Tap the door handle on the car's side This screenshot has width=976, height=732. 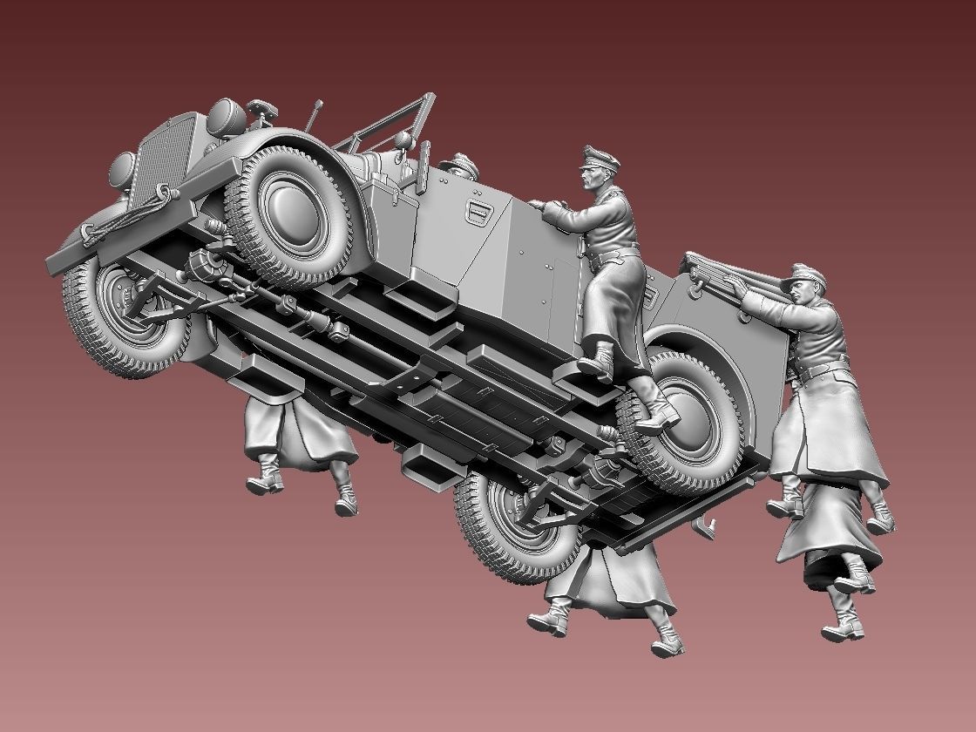[478, 208]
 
